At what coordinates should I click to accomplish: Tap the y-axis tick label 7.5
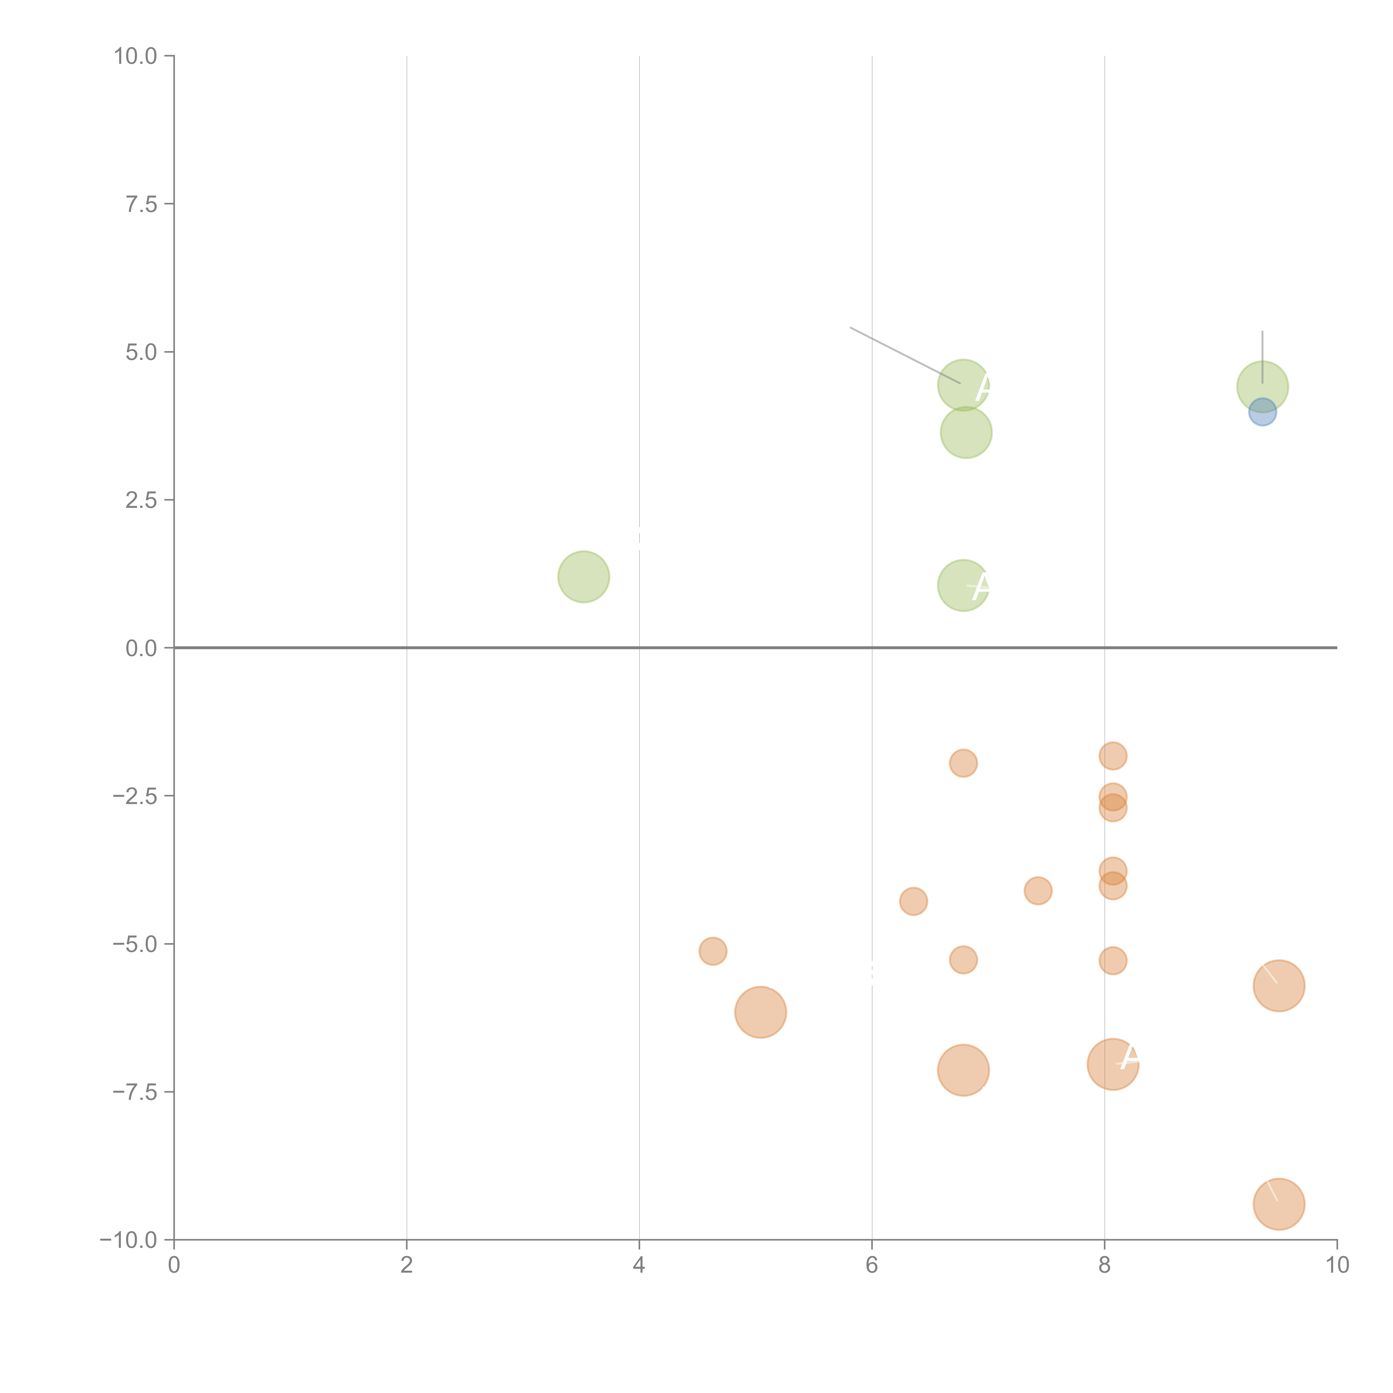tap(141, 204)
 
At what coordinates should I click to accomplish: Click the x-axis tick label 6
tap(872, 1266)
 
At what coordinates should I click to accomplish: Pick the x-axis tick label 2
tap(407, 1266)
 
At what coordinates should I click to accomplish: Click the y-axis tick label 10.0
tap(136, 56)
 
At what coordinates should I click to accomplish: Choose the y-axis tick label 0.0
tap(141, 648)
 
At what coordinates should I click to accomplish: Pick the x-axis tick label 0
tap(174, 1266)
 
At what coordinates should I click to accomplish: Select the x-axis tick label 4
tap(639, 1266)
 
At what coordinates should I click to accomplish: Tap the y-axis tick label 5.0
tap(141, 353)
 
